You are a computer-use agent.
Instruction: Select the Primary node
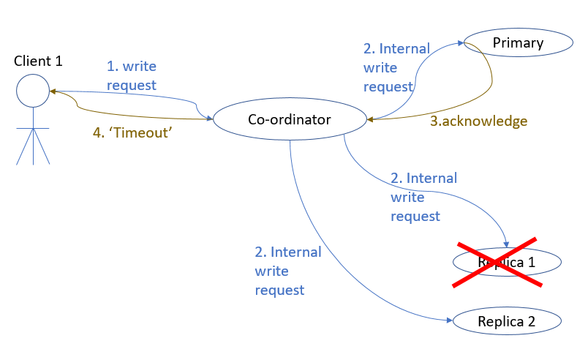pos(518,42)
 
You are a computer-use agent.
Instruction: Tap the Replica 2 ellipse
pos(507,320)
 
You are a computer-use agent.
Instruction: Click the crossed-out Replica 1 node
pos(507,262)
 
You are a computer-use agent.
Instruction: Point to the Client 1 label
pos(38,61)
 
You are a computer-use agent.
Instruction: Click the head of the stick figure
pos(32,91)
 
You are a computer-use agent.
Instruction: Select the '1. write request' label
pos(132,76)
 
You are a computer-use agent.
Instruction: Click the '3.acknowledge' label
pos(478,121)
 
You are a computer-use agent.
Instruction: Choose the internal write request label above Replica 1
pos(423,197)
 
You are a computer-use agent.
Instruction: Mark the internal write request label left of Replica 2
pos(287,271)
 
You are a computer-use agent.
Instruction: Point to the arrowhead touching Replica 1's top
pos(506,243)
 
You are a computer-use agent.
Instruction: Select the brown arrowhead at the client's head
pos(52,92)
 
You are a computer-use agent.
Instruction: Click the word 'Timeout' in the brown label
pos(146,133)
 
